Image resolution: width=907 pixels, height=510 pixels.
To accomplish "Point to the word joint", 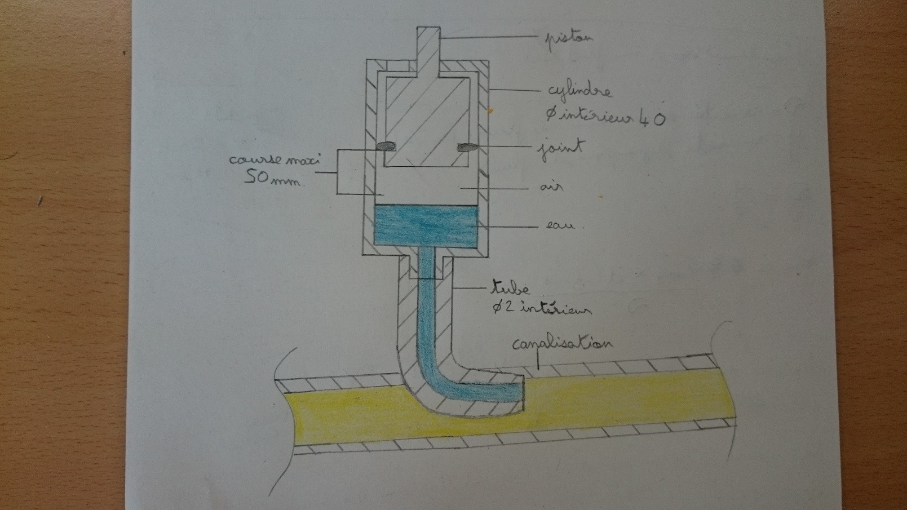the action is click(559, 150).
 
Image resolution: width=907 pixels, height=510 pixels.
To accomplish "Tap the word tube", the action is click(511, 289).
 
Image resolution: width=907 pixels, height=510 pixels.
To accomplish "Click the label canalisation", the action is click(561, 344).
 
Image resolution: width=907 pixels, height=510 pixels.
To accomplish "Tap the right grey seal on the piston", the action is click(467, 148).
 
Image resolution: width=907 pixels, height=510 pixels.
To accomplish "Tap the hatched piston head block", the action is click(427, 121).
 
